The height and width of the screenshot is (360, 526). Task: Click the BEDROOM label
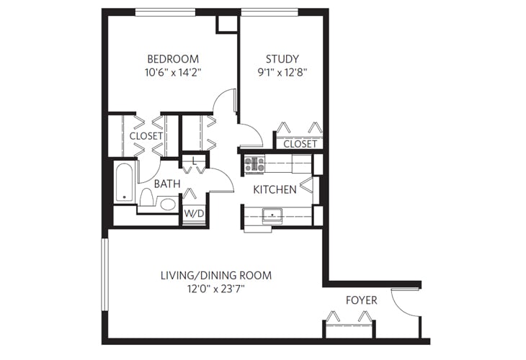[x=173, y=58]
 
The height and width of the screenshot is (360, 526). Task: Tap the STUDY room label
[x=282, y=58]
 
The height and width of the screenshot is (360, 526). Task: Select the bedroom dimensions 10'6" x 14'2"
[x=173, y=72]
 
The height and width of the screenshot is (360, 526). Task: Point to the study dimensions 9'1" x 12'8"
[x=282, y=72]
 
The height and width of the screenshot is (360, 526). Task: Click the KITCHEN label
[x=275, y=190]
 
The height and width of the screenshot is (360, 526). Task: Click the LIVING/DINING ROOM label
[x=215, y=276]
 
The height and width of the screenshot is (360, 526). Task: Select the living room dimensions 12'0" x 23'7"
[x=215, y=289]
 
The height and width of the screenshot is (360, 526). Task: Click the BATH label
[x=166, y=184]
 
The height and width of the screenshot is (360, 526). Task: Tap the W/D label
[x=192, y=214]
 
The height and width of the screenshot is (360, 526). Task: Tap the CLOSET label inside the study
[x=300, y=144]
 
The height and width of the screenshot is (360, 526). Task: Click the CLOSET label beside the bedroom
[x=146, y=135]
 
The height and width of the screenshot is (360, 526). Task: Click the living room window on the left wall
[x=105, y=282]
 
